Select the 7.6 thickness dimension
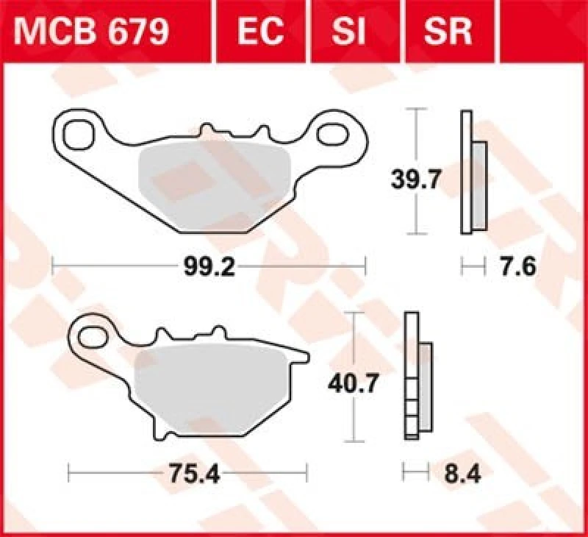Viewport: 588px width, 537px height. pos(517,266)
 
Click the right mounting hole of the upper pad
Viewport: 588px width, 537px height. pos(334,135)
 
